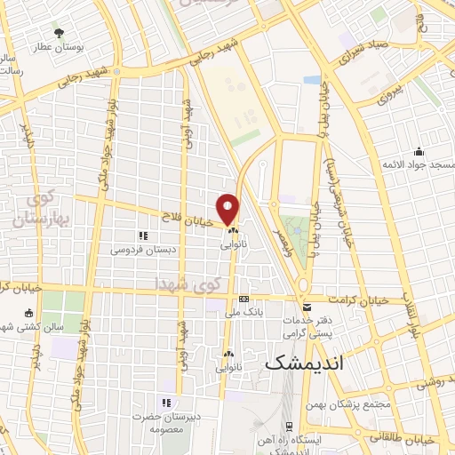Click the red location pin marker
coord(228,208)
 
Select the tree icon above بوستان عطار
coord(60,33)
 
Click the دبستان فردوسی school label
coord(143,250)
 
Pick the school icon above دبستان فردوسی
coord(142,235)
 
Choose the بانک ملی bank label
coord(244,312)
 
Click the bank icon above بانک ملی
coord(243,299)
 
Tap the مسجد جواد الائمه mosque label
coord(418,165)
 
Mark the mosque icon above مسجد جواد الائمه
coord(418,152)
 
